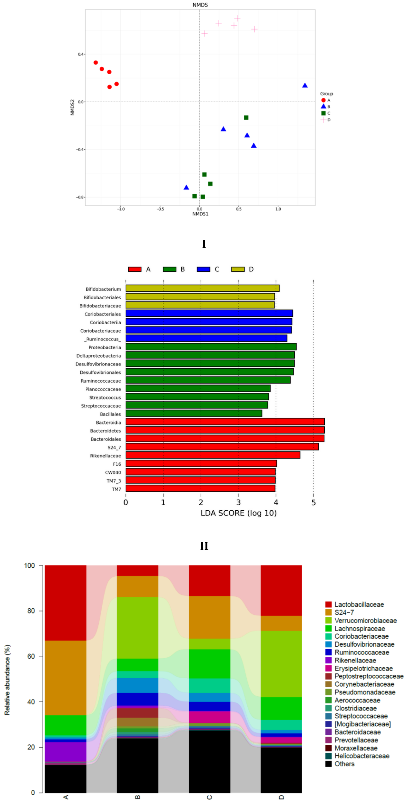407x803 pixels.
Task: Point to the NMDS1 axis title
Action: [x=200, y=214]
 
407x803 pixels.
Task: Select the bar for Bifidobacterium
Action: [x=202, y=288]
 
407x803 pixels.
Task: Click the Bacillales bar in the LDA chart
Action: [x=194, y=413]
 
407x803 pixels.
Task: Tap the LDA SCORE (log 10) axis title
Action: [x=239, y=513]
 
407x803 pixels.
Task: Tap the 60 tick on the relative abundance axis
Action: [x=31, y=656]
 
